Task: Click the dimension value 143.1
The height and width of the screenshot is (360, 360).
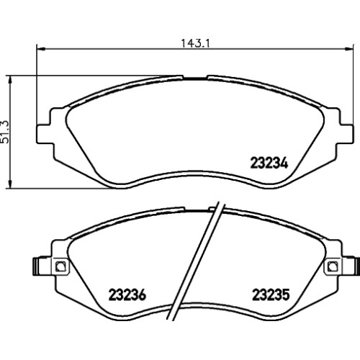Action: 195,44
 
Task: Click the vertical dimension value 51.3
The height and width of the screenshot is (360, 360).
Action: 5,132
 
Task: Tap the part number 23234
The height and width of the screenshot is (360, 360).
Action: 269,163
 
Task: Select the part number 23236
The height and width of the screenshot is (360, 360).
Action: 127,294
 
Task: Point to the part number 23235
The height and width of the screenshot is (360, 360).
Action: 271,294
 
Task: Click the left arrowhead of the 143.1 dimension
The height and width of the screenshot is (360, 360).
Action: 41,49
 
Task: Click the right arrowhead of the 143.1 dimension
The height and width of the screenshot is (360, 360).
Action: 349,49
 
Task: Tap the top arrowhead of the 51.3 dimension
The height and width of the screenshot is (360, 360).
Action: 9,80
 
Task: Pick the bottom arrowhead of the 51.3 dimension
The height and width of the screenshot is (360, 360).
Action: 9,184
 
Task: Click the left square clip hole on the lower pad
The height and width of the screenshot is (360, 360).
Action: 60,266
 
